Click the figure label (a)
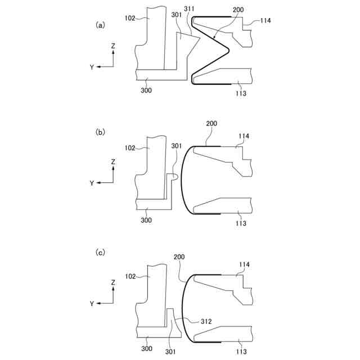pos(100,25)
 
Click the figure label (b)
pos(100,132)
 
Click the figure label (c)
pos(100,253)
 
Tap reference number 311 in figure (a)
pos(189,9)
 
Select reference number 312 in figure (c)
pos(206,321)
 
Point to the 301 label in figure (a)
pos(177,15)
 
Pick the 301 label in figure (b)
pos(177,146)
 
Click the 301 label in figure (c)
pos(170,352)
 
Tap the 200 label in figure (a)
pos(238,10)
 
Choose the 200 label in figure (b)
pos(211,124)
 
